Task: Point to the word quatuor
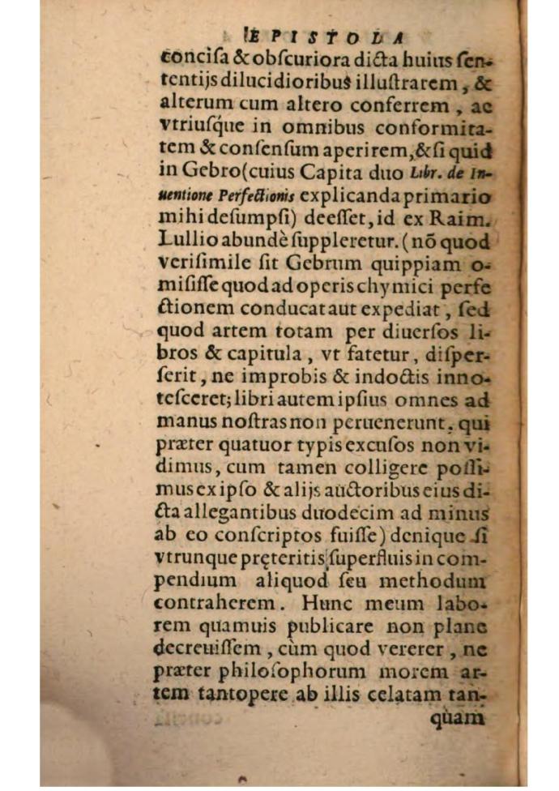point(239,445)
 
